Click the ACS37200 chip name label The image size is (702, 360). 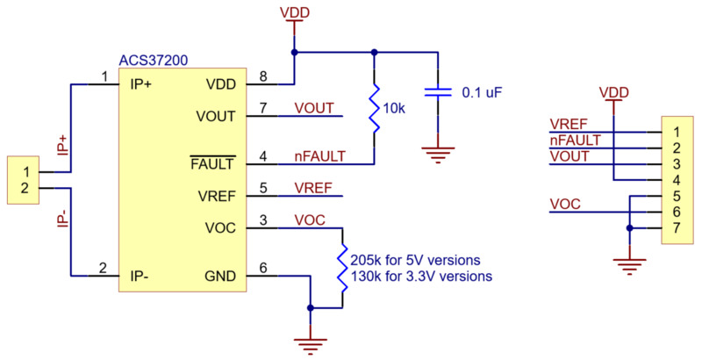pyautogui.click(x=154, y=61)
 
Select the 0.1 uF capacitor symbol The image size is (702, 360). pyautogui.click(x=438, y=92)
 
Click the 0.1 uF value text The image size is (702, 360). pyautogui.click(x=482, y=93)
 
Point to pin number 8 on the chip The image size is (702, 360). pyautogui.click(x=263, y=76)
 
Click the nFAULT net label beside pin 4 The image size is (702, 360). pyautogui.click(x=319, y=156)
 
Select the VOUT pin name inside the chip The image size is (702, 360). pyautogui.click(x=216, y=117)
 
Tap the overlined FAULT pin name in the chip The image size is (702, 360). pyautogui.click(x=212, y=163)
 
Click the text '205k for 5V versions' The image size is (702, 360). pyautogui.click(x=415, y=260)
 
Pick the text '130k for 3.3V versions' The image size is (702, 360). pyautogui.click(x=421, y=277)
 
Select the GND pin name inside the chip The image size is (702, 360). pyautogui.click(x=220, y=277)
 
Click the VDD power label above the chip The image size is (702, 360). pyautogui.click(x=295, y=13)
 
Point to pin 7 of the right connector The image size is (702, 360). pyautogui.click(x=676, y=227)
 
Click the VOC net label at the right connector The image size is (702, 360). pyautogui.click(x=565, y=205)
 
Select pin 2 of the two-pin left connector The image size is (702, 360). pyautogui.click(x=25, y=188)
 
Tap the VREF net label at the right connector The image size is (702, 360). pyautogui.click(x=569, y=124)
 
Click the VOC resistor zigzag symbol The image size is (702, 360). pyautogui.click(x=342, y=268)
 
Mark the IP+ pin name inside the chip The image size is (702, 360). pyautogui.click(x=140, y=84)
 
